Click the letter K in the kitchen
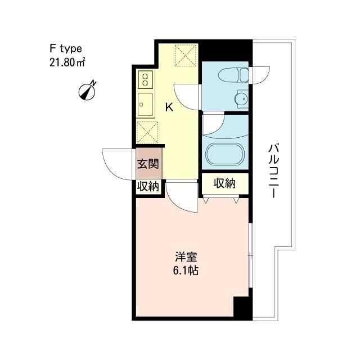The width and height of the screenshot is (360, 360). pyautogui.click(x=168, y=107)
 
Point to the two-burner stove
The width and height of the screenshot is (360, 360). pyautogui.click(x=145, y=79)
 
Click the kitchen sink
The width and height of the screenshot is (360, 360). pyautogui.click(x=145, y=105)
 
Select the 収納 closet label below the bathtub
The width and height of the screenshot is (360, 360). pyautogui.click(x=223, y=183)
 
